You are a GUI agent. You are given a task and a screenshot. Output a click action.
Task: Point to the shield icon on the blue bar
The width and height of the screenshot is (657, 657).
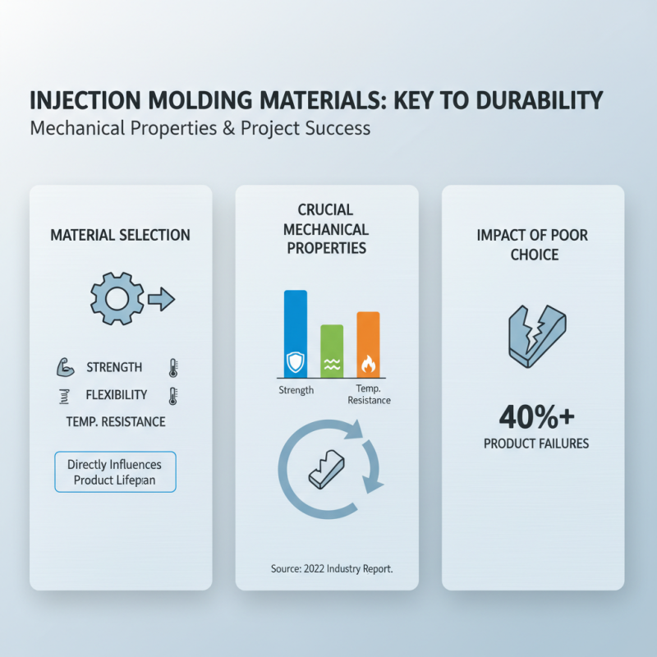tap(296, 361)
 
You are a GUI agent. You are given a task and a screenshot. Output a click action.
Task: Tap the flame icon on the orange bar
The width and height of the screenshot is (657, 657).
tap(368, 362)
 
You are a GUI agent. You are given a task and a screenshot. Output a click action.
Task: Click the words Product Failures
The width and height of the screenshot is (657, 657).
tap(536, 443)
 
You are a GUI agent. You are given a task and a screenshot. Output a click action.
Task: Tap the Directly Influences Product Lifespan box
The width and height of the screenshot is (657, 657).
tap(116, 471)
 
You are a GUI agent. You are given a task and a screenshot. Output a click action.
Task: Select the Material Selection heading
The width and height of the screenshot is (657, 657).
tap(120, 235)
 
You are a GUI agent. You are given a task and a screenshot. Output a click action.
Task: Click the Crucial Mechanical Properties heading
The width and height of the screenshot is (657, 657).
tap(328, 229)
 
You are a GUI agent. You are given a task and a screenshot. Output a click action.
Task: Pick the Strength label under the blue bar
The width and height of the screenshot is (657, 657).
tap(296, 390)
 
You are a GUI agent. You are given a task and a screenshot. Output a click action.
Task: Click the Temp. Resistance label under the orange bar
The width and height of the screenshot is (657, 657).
tap(369, 394)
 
